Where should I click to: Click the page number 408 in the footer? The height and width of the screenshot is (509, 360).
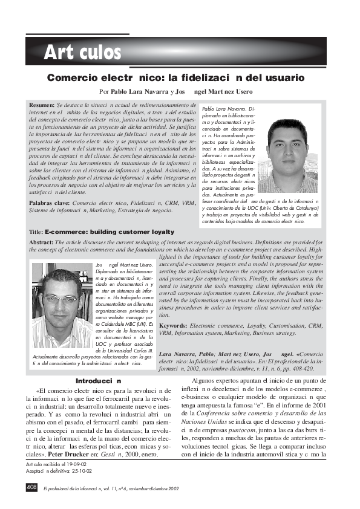click(x=31, y=487)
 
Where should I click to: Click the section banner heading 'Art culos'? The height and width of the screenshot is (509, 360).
click(x=82, y=53)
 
